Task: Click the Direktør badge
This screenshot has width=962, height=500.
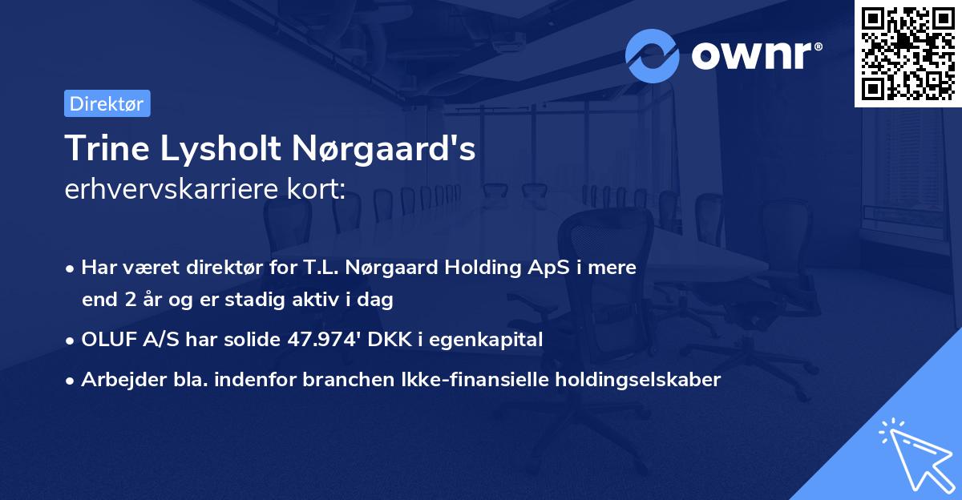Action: click(107, 103)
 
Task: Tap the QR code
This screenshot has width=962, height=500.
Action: click(907, 53)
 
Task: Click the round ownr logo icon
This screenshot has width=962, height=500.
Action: click(653, 55)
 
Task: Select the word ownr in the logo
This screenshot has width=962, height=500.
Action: click(754, 55)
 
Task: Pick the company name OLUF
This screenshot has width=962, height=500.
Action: click(107, 340)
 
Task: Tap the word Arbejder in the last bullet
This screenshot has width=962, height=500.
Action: click(117, 380)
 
